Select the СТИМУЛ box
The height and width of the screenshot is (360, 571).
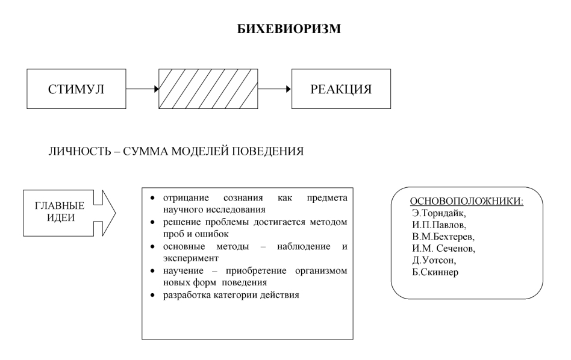pos(76,89)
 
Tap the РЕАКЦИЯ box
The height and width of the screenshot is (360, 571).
pos(341,89)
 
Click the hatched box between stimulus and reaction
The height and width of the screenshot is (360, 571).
pos(208,89)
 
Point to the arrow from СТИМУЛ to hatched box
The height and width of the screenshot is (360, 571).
pos(142,89)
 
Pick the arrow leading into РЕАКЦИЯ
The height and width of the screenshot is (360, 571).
pos(275,89)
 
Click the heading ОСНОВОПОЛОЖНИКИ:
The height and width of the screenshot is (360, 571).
pos(466,201)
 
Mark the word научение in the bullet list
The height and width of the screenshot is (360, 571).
pos(184,272)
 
